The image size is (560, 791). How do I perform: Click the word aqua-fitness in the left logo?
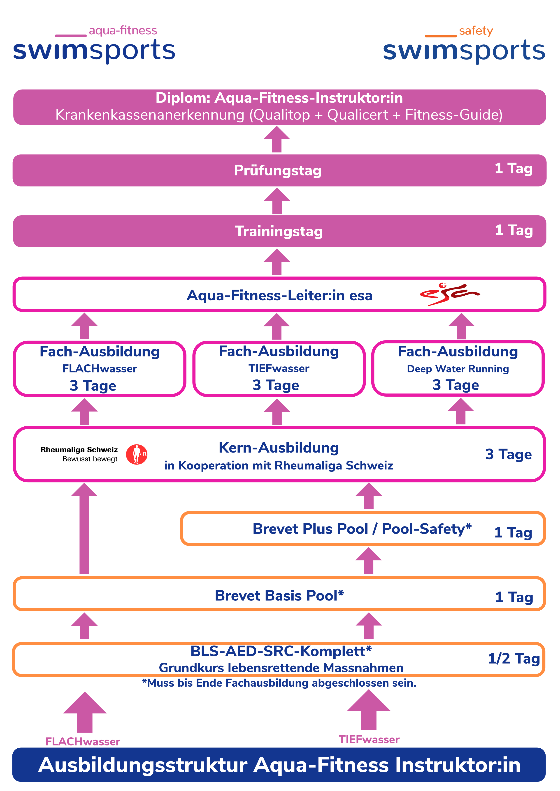[x=123, y=31]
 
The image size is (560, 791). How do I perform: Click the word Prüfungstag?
[x=278, y=170]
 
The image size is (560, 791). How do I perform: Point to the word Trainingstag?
[x=279, y=231]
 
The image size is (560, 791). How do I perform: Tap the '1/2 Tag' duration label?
[x=514, y=658]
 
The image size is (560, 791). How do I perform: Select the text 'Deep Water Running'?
[x=458, y=369]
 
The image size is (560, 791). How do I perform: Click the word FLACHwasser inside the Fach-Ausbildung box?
[x=100, y=369]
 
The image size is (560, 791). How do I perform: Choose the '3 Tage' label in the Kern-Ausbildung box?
[x=508, y=454]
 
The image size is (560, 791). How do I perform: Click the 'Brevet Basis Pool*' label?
[x=279, y=595]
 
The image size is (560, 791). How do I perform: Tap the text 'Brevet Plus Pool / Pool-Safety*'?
[x=362, y=529]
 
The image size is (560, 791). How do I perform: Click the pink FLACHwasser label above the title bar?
[x=83, y=741]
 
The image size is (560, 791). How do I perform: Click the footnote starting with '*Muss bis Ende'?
[x=279, y=683]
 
